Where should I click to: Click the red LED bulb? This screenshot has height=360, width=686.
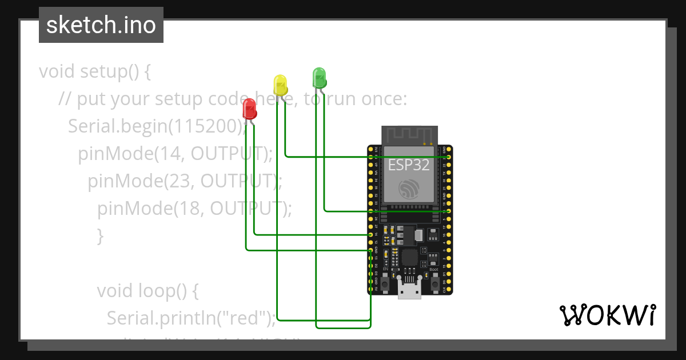pyautogui.click(x=249, y=109)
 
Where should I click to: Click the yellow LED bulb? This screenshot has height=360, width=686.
pyautogui.click(x=280, y=85)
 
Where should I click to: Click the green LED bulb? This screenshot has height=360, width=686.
pyautogui.click(x=319, y=77)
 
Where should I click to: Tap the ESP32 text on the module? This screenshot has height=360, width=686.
pyautogui.click(x=409, y=165)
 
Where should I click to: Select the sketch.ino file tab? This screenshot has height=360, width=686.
pyautogui.click(x=101, y=25)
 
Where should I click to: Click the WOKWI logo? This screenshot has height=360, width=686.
pyautogui.click(x=607, y=315)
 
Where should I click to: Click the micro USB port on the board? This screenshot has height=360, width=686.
pyautogui.click(x=409, y=291)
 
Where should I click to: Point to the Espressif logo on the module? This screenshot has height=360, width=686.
pyautogui.click(x=409, y=189)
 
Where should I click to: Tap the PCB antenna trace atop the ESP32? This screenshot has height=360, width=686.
pyautogui.click(x=409, y=135)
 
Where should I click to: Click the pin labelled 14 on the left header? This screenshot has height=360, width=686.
pyautogui.click(x=371, y=235)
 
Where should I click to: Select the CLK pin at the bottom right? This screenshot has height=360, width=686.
pyautogui.click(x=449, y=290)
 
